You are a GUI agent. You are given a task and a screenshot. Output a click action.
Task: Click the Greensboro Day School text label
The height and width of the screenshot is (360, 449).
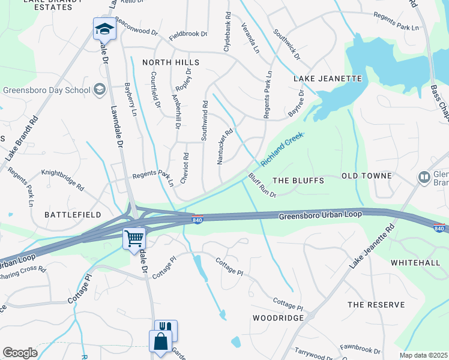pos(46,91)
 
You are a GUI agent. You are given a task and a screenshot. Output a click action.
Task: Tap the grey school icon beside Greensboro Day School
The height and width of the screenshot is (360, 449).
pos(99,90)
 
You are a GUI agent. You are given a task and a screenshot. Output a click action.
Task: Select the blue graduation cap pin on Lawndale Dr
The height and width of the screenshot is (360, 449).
pos(103,28)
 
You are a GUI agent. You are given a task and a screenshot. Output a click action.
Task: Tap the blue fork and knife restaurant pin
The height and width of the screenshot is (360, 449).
pos(166,329)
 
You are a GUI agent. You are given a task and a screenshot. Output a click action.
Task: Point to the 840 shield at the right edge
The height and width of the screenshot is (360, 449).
pos(439,228)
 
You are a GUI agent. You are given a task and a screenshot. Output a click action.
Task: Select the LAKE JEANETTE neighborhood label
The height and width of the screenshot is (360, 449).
pos(328,79)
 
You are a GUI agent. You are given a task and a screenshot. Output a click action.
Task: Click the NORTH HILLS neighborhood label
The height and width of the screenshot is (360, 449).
pos(170,62)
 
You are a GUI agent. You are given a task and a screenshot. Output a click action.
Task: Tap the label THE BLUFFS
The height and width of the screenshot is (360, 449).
pos(298,181)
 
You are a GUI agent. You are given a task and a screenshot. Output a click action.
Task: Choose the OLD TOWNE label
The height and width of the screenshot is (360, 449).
pos(366,176)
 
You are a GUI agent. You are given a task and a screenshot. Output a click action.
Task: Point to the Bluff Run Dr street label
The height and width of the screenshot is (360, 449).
pos(262,185)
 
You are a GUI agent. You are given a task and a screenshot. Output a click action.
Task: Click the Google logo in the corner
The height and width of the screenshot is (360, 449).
pos(20,353)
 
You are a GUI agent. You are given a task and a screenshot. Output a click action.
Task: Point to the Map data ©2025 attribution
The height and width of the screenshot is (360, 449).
pos(423,355)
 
